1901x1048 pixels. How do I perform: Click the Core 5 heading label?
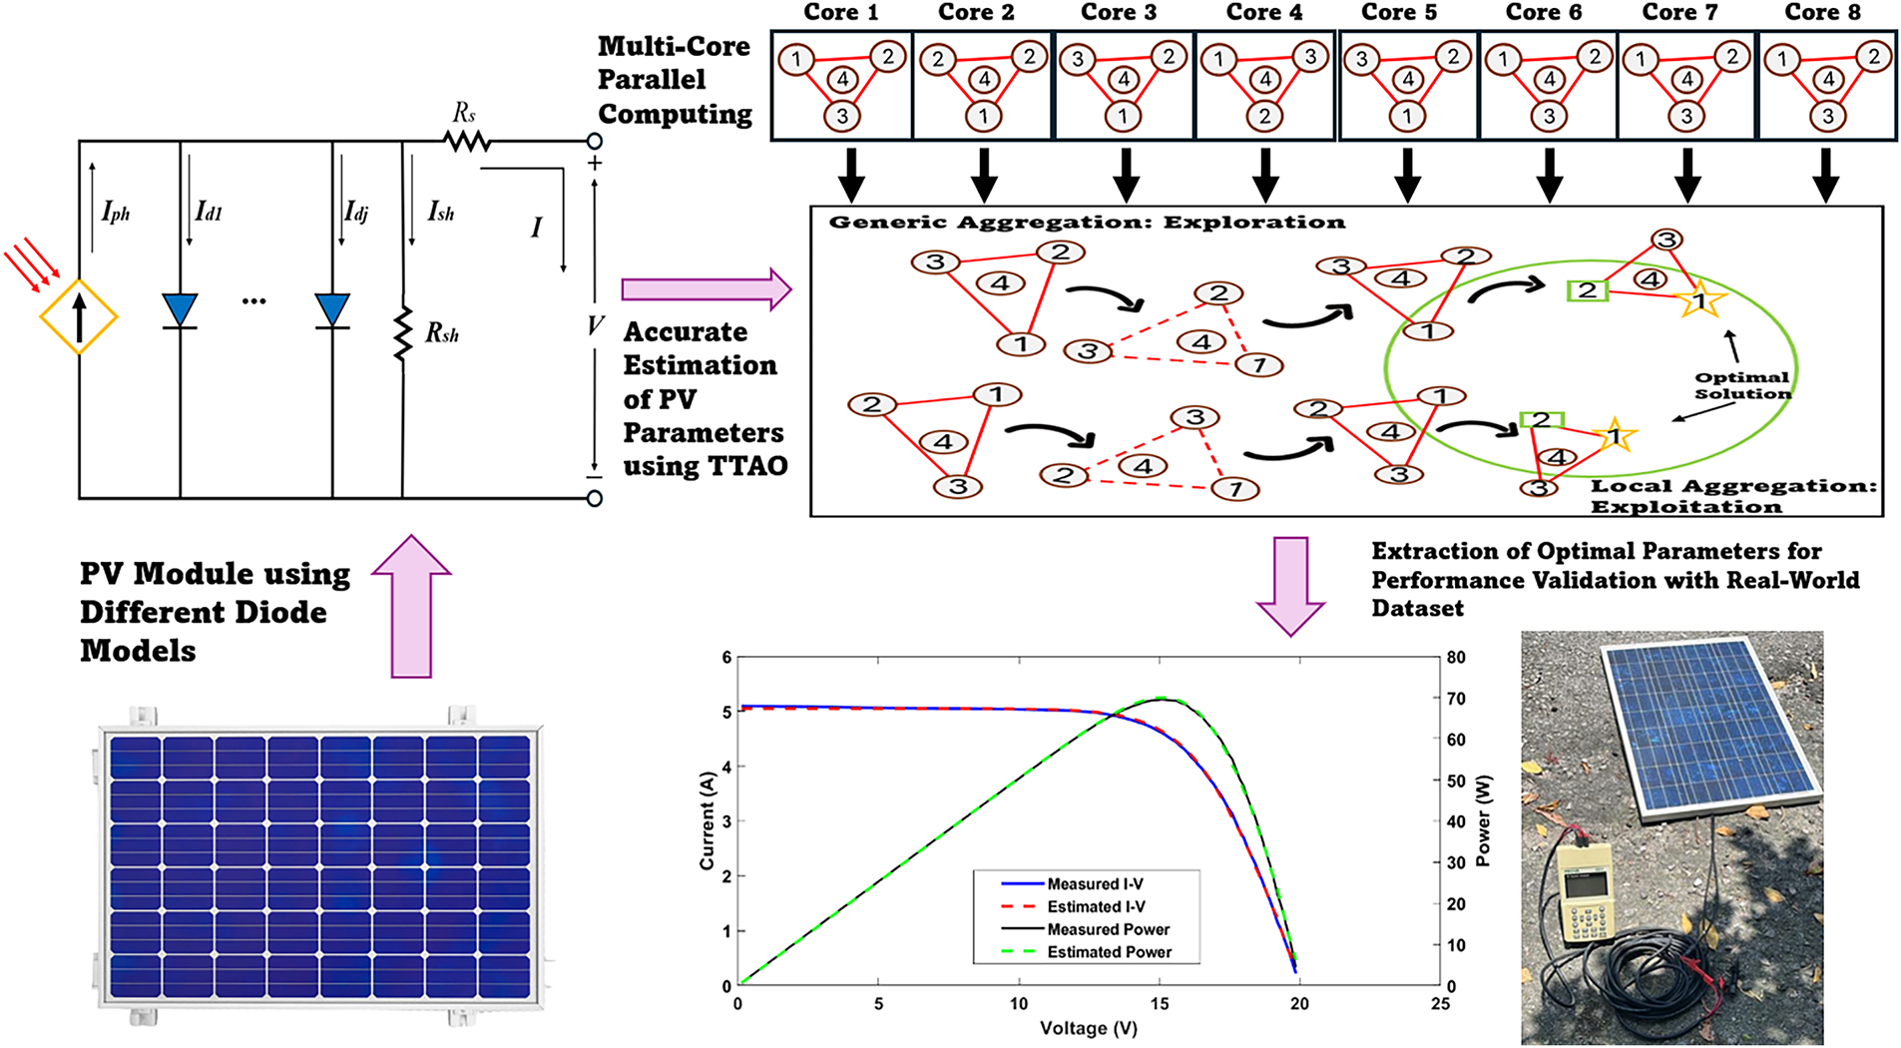coord(1399,12)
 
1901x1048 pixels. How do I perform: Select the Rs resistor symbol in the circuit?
coord(467,142)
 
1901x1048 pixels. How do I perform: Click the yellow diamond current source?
coord(79,317)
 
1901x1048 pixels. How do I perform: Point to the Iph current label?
coord(116,212)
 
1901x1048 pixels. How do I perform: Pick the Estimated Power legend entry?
coord(1109,952)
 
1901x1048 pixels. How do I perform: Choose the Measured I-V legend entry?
coord(1095,884)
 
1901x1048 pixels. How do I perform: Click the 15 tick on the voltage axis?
coord(1159,1004)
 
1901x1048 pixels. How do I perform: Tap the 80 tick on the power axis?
coord(1456,658)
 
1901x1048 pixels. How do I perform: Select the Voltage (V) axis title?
coord(1088,1028)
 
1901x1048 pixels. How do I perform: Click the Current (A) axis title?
coord(708,820)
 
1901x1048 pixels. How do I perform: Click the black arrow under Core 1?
coord(851,175)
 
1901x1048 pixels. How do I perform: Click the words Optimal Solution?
coord(1742,385)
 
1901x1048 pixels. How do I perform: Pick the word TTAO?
coord(747,466)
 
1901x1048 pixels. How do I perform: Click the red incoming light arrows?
coord(32,263)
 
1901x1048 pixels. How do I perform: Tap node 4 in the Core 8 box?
coord(1828,79)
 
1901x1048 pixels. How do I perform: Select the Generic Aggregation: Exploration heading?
coord(1087,223)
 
